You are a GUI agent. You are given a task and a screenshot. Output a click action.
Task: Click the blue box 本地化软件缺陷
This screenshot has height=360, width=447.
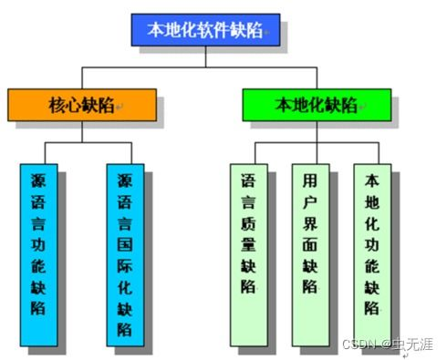point(203,29)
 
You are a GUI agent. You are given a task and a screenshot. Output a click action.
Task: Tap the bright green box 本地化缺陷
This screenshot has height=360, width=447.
point(317,105)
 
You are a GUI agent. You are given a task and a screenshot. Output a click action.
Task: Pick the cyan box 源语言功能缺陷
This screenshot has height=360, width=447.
point(40,254)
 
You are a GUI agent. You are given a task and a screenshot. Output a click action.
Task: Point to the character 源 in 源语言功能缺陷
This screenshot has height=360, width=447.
point(40,180)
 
